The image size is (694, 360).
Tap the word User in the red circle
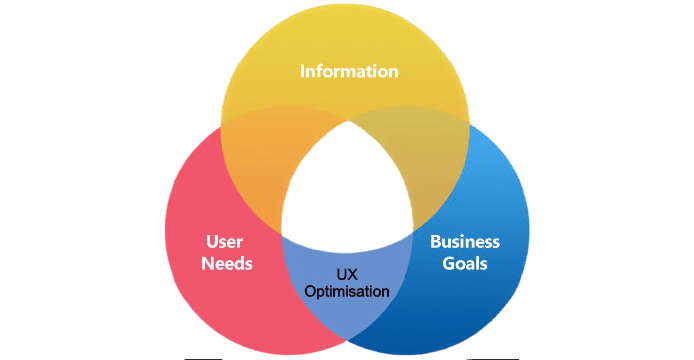225,243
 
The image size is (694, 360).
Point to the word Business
465,242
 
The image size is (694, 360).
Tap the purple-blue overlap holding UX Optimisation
346,300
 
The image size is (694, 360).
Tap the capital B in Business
435,242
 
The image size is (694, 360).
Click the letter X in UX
352,273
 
